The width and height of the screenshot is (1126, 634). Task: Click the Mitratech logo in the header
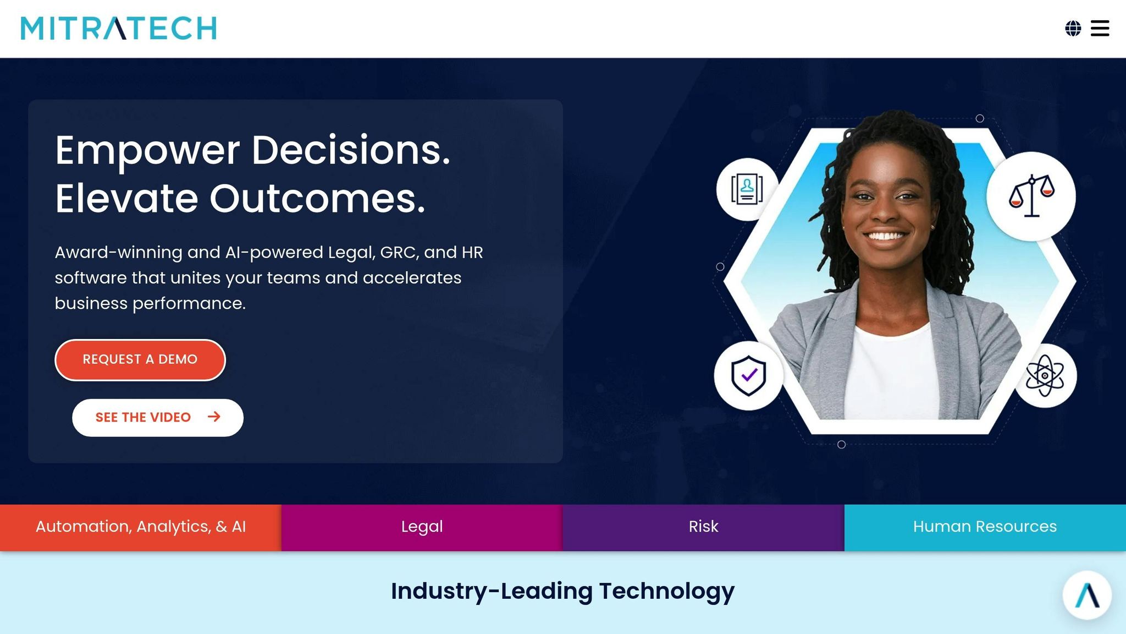(x=119, y=29)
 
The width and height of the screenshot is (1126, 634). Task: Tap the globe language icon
(x=1073, y=29)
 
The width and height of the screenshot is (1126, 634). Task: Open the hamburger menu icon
(x=1100, y=29)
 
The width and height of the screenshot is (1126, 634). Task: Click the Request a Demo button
(x=140, y=360)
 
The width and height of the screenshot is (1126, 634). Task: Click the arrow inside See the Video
(x=214, y=417)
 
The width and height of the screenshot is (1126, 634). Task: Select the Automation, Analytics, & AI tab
(x=141, y=527)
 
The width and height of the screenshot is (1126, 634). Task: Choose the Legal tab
(x=422, y=527)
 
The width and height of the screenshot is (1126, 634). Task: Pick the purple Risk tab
(x=703, y=527)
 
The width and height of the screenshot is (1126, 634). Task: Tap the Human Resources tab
(x=985, y=527)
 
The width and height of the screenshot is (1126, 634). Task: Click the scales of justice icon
(x=1031, y=196)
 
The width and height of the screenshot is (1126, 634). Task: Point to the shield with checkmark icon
(x=748, y=376)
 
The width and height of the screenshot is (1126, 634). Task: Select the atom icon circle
(x=1045, y=376)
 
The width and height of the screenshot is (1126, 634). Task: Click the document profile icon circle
(x=747, y=189)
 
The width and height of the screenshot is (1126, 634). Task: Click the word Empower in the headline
(x=147, y=151)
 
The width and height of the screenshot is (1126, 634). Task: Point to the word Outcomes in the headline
(x=317, y=199)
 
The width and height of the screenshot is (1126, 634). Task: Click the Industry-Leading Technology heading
(x=562, y=591)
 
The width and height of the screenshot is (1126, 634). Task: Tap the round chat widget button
(x=1087, y=595)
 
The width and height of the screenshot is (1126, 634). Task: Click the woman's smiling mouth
(x=886, y=236)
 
